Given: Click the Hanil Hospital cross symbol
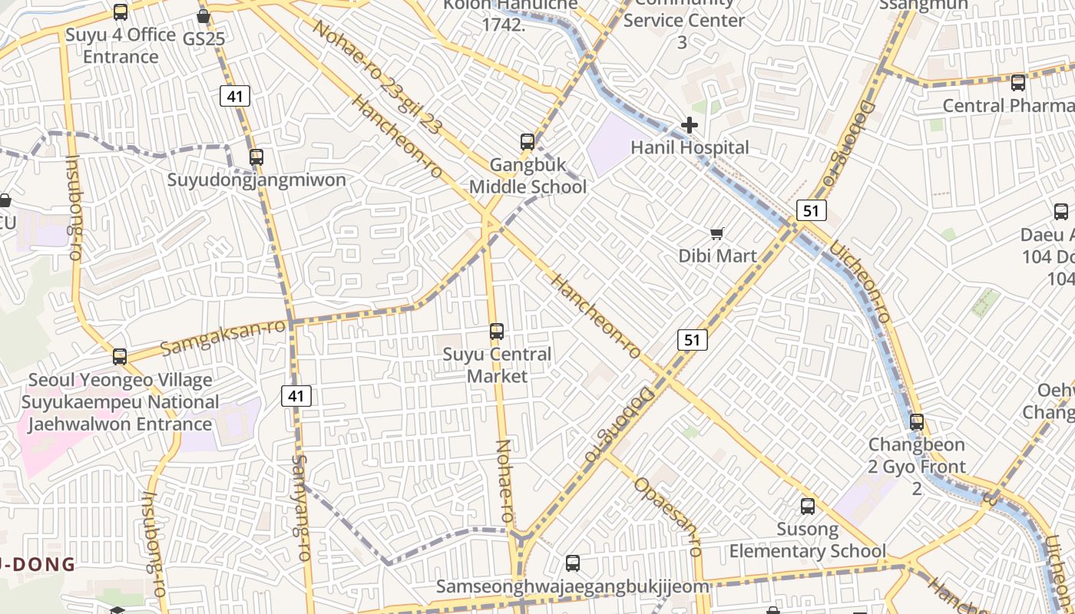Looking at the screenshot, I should pos(690,125).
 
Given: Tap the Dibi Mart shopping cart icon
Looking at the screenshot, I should pos(717,233).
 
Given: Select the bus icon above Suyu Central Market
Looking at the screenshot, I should pos(497,332).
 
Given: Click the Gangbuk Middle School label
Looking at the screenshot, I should pos(528,176).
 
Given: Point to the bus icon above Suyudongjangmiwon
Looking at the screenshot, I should pos(256,157).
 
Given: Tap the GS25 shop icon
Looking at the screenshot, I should pos(203,16).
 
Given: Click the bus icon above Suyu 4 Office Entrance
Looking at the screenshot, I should pos(121,12).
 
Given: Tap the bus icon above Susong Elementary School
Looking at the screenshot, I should pos(808,507).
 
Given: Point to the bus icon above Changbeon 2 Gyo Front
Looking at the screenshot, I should pos(917,422).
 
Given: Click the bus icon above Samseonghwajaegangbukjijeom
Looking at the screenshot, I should pos(573,563).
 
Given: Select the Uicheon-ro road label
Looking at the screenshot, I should pos(860,281).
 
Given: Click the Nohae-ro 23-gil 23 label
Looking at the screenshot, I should pos(376,77).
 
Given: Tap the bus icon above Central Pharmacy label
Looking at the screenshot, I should pos(1018,83).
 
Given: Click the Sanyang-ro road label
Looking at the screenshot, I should pos(300,507).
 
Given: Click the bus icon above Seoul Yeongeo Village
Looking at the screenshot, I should pos(120,357).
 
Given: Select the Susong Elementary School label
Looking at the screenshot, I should pos(807,540).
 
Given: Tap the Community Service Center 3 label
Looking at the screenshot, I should pos(683,21).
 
